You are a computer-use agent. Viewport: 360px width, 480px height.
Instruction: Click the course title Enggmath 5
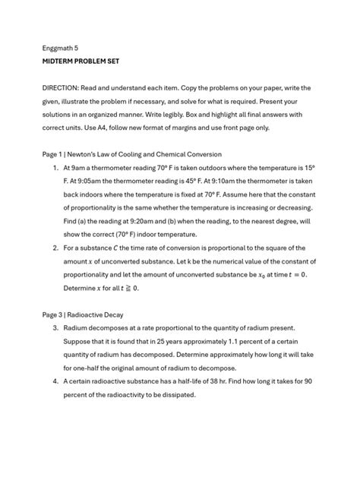62,46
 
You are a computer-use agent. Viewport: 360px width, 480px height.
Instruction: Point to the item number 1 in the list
55,167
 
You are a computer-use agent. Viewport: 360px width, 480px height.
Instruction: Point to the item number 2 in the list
55,248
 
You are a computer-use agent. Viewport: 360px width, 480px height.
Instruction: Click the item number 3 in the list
55,327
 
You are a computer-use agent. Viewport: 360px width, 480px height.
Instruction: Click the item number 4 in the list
55,381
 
